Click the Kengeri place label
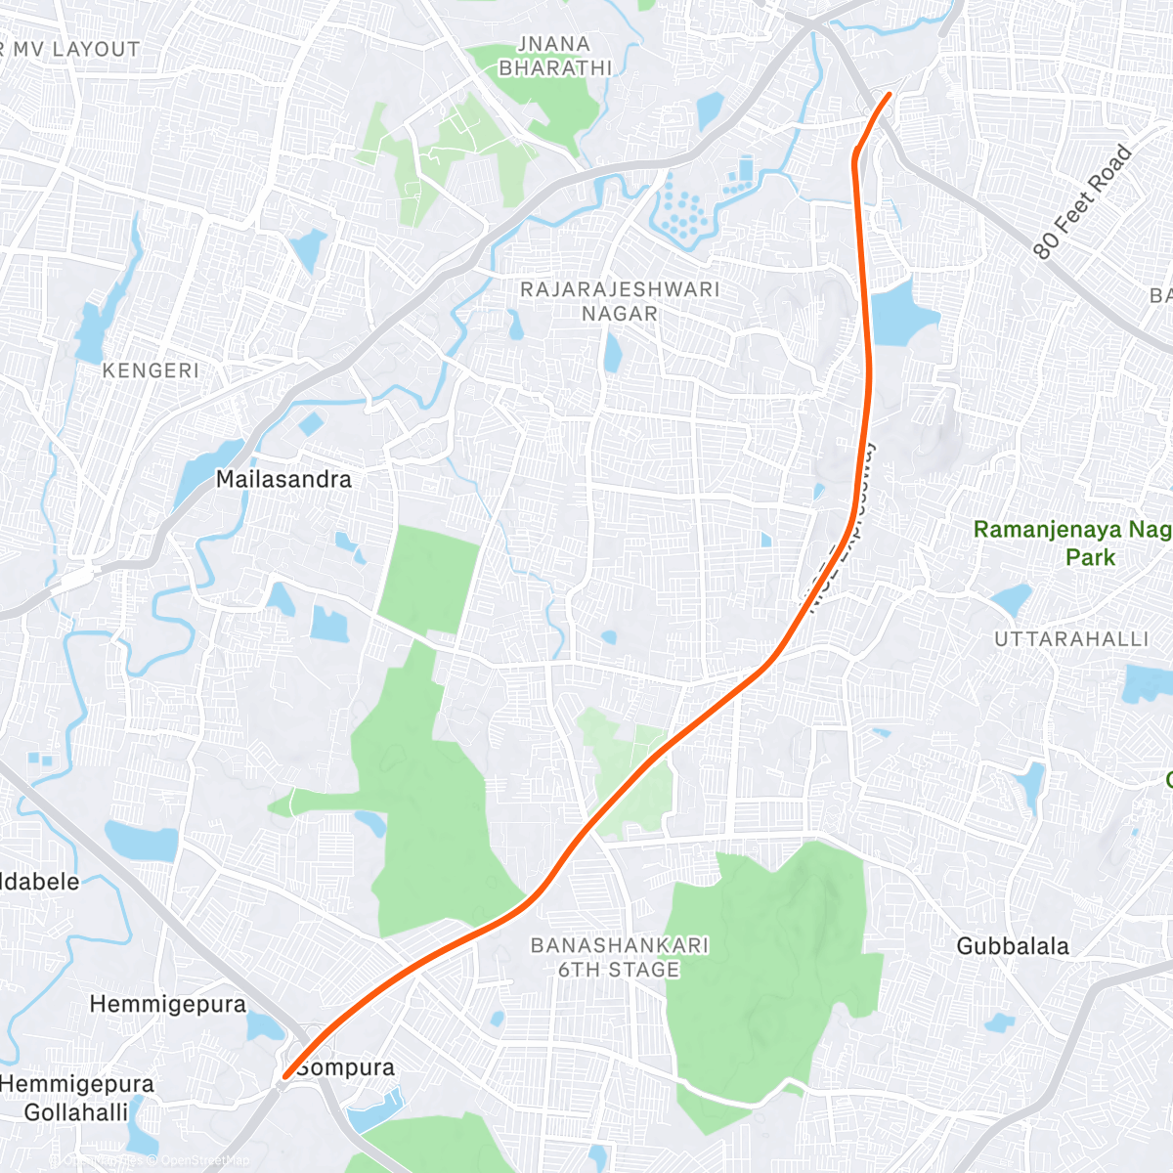151,370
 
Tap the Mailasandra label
283,479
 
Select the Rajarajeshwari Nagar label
620,301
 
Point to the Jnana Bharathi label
554,56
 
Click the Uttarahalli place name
1071,639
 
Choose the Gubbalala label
1013,946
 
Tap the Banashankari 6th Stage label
619,958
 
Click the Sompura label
345,1067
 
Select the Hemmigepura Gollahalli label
76,1098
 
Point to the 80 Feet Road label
1082,202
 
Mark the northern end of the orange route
889,94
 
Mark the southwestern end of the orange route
283,1078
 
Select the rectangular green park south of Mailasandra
428,579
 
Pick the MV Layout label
73,49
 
